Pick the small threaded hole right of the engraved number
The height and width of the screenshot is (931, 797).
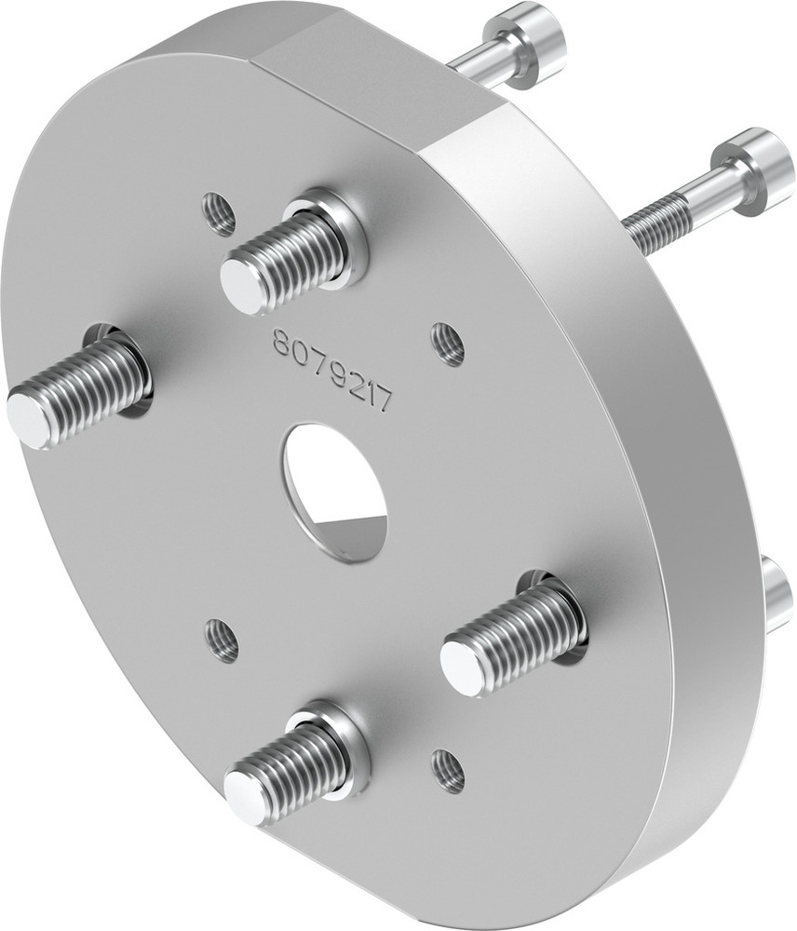449,344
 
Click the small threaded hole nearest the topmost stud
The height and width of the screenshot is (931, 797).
219,214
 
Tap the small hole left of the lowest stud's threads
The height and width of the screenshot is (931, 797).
222,641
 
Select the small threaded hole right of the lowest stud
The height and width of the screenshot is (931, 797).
448,771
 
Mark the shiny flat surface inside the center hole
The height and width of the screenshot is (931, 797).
354,533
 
